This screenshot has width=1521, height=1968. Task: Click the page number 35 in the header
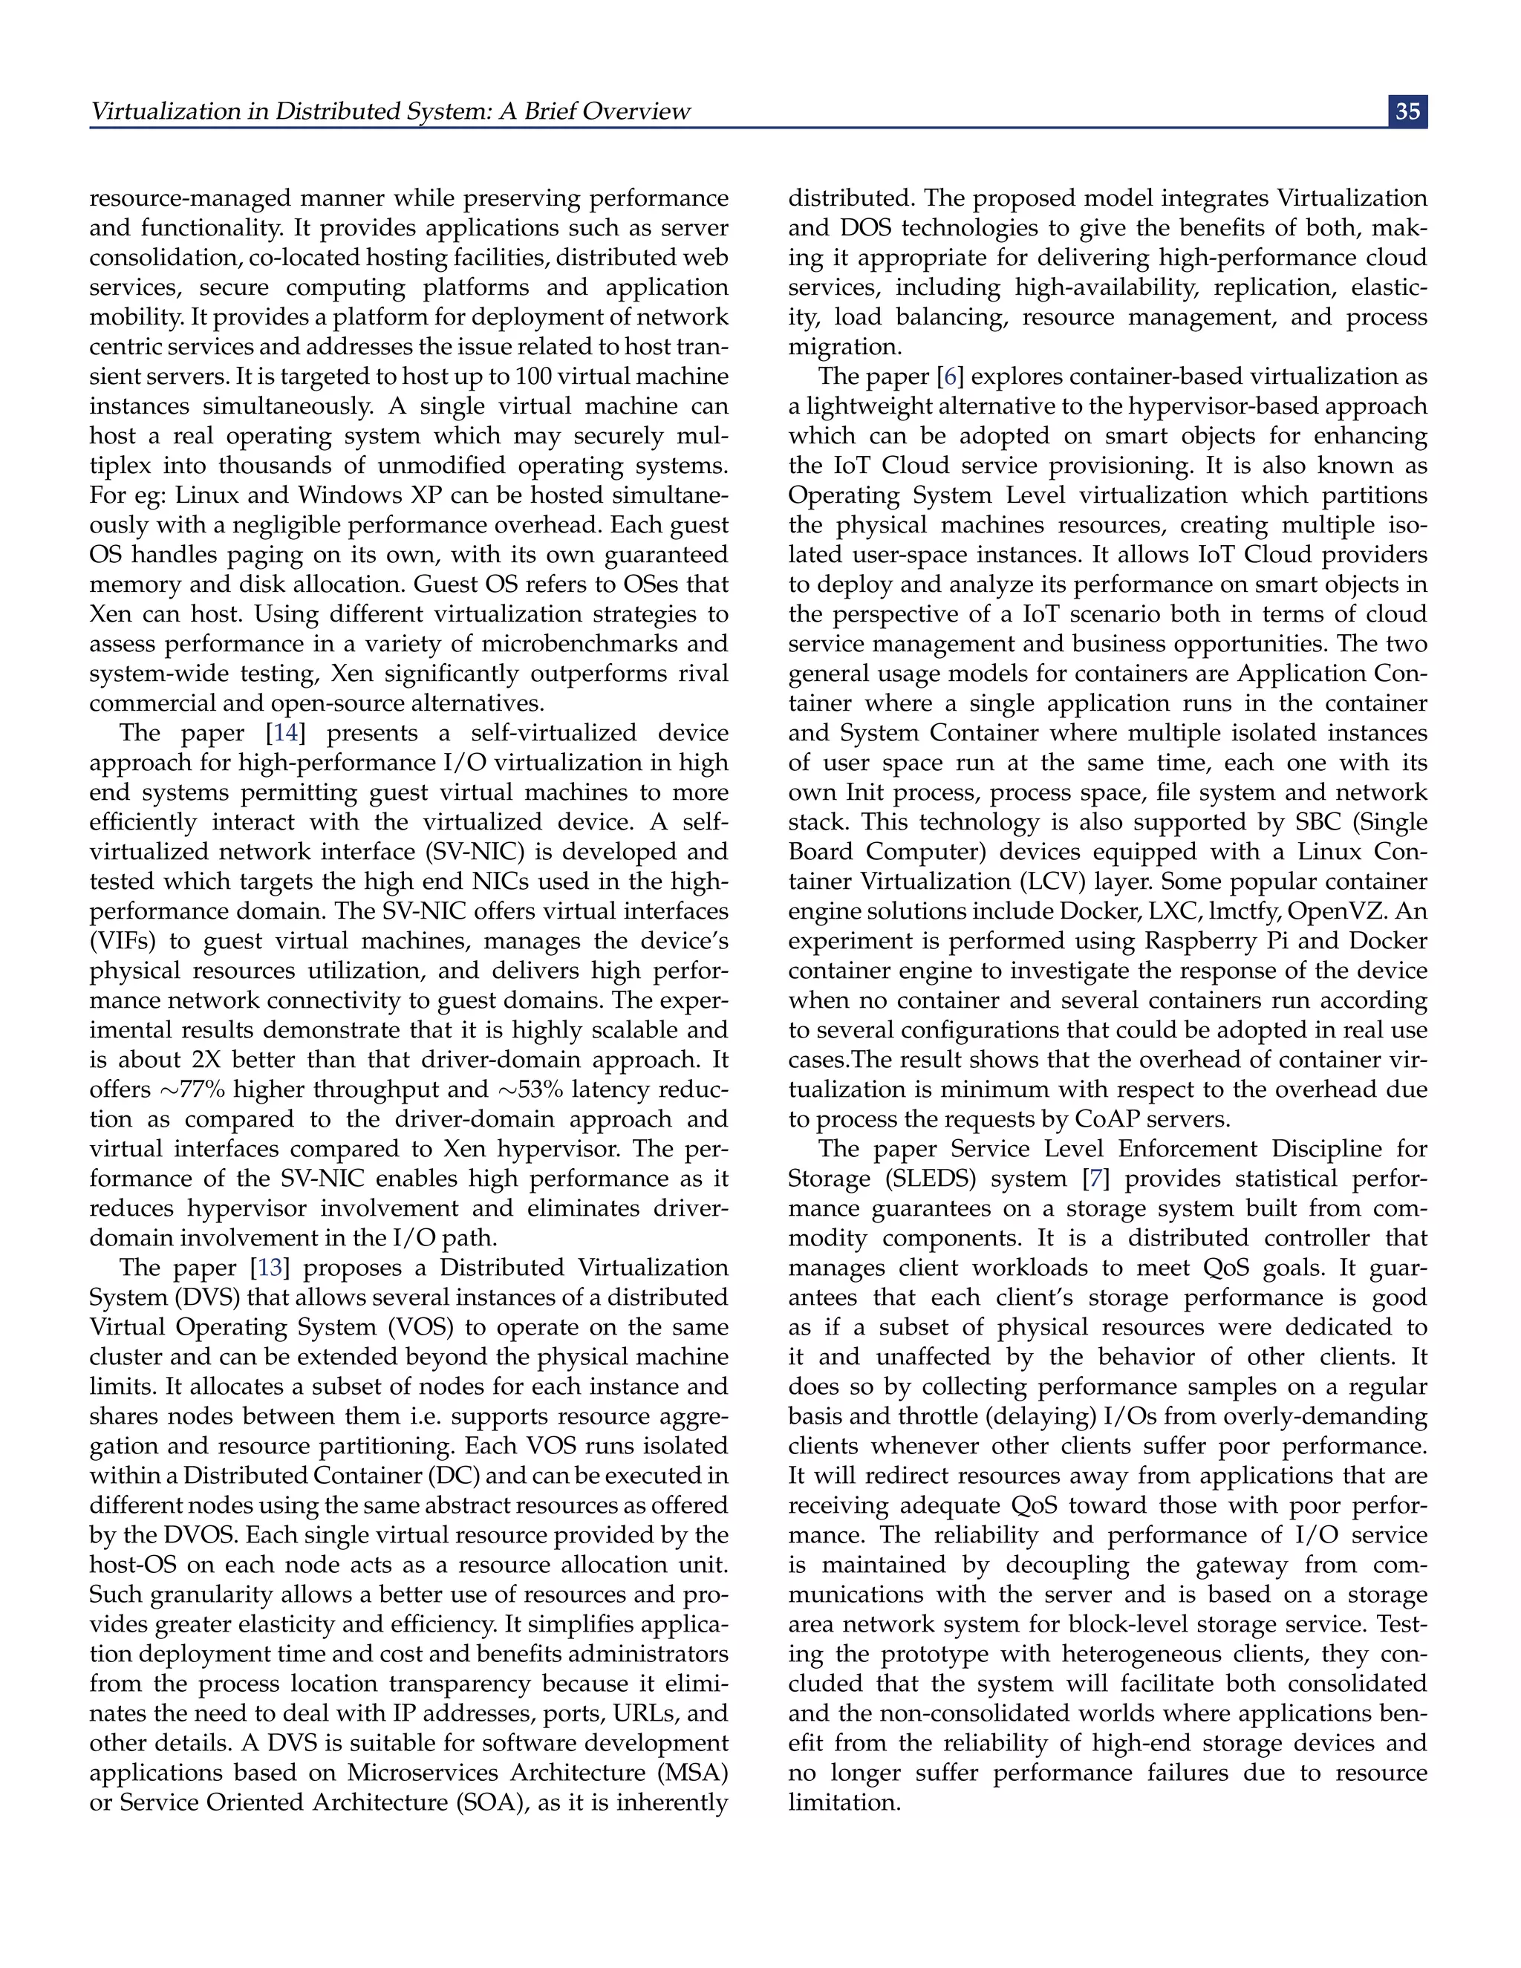point(1407,111)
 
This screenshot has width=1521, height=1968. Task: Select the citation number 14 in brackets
point(286,732)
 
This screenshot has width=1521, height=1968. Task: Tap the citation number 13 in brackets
point(270,1267)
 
